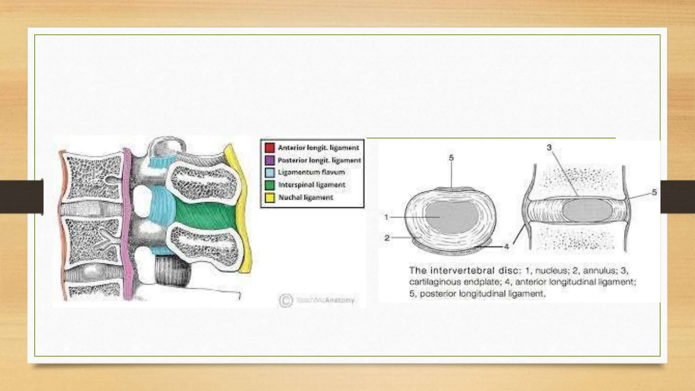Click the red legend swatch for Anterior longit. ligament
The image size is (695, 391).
(269, 148)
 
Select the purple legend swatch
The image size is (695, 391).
(269, 160)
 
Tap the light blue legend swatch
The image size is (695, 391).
(269, 172)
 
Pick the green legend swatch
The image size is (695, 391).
(269, 185)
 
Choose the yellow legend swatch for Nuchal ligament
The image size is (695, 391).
(269, 198)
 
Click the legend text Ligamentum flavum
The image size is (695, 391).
(311, 172)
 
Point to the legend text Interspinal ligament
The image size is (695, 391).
(312, 185)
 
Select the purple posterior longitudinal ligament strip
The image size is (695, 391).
(127, 224)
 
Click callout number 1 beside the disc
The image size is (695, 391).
(386, 217)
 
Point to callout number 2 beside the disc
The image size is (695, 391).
(387, 238)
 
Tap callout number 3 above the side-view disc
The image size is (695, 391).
(549, 147)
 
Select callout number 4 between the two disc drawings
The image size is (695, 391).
(506, 247)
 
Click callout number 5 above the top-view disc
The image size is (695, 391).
(451, 157)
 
